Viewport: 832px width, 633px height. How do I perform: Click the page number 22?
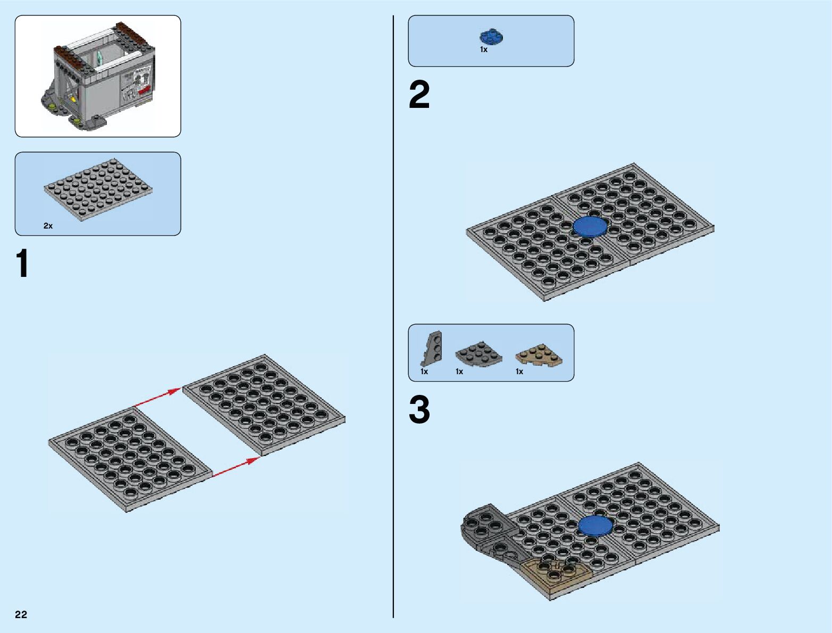(21, 614)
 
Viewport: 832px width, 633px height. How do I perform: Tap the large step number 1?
(22, 264)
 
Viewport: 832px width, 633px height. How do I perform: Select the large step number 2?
(419, 95)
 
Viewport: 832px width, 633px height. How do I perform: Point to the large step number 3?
(419, 410)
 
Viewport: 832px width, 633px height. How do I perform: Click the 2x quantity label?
(48, 226)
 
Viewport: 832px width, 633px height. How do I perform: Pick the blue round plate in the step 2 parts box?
(491, 37)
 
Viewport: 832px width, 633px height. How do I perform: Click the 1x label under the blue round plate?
(484, 49)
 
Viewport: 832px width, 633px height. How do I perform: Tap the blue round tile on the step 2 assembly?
(590, 226)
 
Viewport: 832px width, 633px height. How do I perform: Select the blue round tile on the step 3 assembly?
(595, 526)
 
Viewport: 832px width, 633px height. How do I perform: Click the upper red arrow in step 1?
(157, 398)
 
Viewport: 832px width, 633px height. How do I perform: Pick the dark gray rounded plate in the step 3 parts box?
(478, 355)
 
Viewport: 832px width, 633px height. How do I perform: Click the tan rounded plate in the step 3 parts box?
(539, 355)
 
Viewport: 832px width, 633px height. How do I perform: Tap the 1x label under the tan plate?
(519, 372)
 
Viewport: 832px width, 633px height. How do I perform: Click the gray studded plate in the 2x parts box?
(98, 189)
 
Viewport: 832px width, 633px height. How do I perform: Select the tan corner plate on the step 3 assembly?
(556, 575)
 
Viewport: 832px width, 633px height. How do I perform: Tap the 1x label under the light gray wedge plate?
(424, 372)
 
